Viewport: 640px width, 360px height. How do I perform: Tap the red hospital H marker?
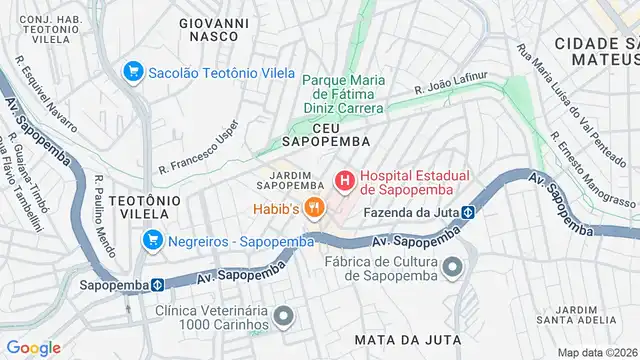pos(344,181)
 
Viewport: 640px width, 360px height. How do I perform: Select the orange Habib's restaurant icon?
pos(314,208)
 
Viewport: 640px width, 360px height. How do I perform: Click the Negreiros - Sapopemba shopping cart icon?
pos(152,240)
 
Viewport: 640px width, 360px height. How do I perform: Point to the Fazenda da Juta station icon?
pos(466,212)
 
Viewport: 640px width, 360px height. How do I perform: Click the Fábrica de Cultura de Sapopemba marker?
pos(452,267)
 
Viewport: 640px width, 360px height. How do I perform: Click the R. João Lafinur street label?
pos(451,82)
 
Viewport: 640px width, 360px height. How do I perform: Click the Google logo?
pos(33,348)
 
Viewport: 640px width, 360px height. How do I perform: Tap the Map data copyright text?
pos(597,352)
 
